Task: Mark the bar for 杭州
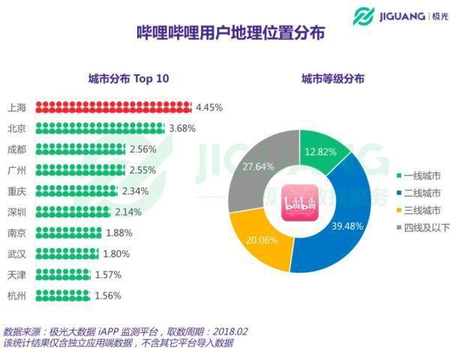point(62,295)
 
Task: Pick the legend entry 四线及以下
point(423,227)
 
